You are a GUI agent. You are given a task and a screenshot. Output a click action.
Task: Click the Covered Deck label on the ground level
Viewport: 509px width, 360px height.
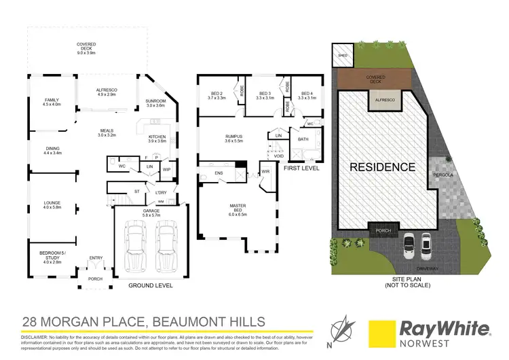tap(86, 48)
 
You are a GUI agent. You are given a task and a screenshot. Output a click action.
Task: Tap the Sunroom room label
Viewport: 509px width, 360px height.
tap(155, 103)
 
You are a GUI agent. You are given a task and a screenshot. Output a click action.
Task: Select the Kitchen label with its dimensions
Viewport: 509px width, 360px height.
tap(157, 139)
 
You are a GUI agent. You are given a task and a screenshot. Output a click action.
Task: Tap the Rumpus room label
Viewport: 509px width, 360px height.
tap(234, 139)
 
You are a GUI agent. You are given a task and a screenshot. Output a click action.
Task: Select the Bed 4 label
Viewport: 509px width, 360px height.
tap(307, 96)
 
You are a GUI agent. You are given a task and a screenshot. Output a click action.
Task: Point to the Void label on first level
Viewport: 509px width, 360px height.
tap(278, 156)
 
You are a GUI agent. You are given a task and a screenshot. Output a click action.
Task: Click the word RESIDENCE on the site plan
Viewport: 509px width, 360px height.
tap(382, 167)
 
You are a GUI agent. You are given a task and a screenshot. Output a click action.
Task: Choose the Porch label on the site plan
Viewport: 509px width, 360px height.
tap(383, 230)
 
